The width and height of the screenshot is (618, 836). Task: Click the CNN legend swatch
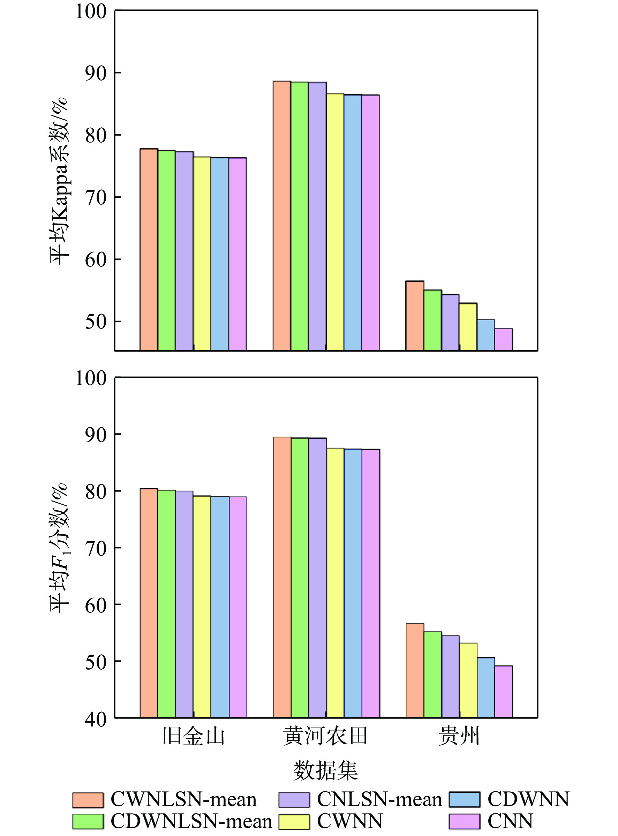pos(464,821)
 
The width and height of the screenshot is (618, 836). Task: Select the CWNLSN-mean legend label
pos(183,799)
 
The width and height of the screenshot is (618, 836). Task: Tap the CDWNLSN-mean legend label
pos(191,821)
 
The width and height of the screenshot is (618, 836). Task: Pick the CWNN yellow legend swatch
pos(294,821)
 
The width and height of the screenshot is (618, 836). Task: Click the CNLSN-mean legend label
pos(379,799)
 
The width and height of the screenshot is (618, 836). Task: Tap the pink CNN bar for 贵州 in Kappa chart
pos(504,339)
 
